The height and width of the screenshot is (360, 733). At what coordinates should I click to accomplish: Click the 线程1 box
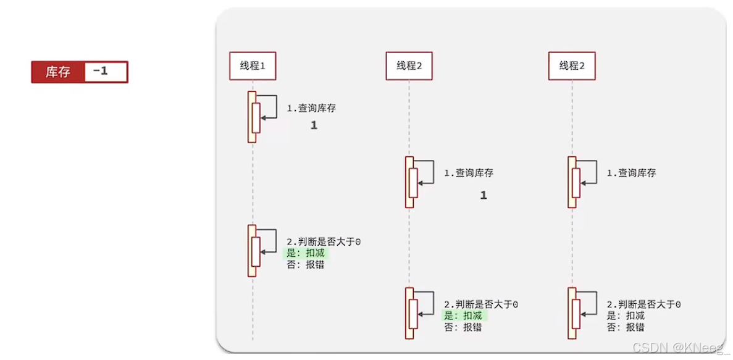click(252, 65)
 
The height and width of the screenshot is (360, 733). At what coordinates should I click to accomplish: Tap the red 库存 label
click(57, 72)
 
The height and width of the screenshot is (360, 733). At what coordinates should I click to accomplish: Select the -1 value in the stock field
click(103, 72)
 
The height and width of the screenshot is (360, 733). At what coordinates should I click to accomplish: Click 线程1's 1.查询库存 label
click(311, 108)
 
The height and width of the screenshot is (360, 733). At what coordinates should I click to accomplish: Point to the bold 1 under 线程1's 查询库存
click(314, 125)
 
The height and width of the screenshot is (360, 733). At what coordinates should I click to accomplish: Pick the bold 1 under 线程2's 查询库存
click(484, 195)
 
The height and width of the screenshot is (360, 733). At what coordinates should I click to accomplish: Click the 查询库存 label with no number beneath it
click(630, 174)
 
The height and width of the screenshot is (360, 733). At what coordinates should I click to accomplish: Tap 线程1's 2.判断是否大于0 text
click(324, 242)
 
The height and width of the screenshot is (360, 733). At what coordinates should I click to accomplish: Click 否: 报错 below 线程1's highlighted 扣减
click(306, 264)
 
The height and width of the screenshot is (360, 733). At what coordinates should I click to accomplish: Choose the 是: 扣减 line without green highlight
click(626, 316)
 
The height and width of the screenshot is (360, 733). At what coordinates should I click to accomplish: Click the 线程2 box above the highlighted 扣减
click(409, 65)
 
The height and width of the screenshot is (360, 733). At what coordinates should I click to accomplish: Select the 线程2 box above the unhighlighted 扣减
click(572, 65)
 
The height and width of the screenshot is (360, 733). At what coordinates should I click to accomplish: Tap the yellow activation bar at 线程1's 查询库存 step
click(252, 117)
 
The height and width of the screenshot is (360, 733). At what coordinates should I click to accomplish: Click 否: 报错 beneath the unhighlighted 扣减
click(626, 327)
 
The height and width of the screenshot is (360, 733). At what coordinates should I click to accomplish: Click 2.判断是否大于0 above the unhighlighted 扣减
click(643, 305)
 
